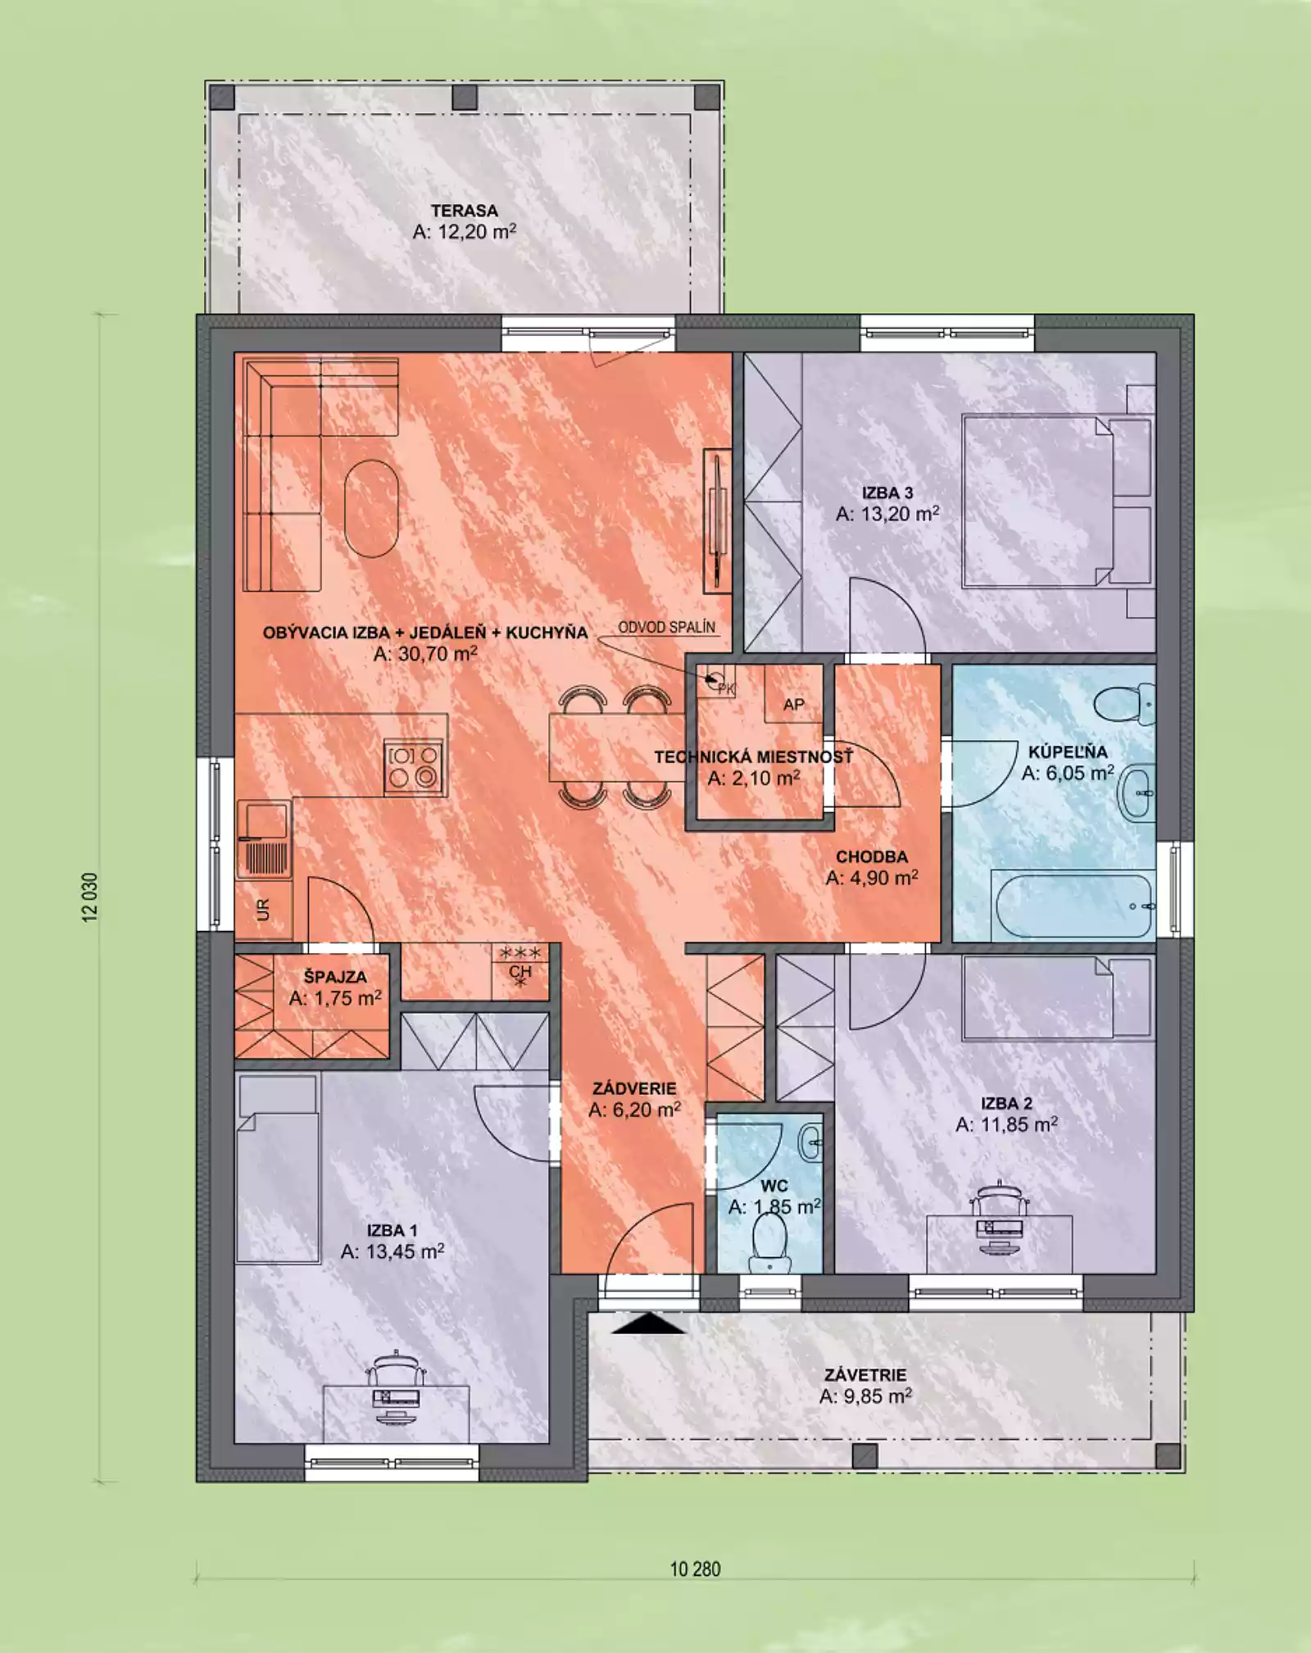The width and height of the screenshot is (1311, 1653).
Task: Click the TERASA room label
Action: tap(465, 211)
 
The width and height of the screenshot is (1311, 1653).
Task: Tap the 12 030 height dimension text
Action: tap(90, 897)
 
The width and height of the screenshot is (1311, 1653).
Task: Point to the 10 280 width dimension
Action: tap(695, 1569)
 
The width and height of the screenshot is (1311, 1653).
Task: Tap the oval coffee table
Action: tap(372, 508)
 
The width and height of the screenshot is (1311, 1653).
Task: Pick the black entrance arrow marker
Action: tap(648, 1323)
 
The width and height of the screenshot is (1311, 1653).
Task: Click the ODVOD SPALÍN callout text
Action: tap(666, 627)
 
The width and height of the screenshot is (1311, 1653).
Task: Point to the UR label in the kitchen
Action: tap(263, 910)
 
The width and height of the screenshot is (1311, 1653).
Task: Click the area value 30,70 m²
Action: tap(425, 654)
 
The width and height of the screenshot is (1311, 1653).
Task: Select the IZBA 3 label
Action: tap(887, 493)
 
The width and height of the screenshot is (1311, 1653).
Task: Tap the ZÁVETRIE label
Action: tap(865, 1374)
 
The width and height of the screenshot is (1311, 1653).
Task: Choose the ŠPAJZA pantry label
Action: tap(335, 977)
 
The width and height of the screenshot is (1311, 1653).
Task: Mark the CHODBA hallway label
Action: tap(872, 856)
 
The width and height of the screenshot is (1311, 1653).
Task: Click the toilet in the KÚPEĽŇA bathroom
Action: tap(1124, 704)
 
